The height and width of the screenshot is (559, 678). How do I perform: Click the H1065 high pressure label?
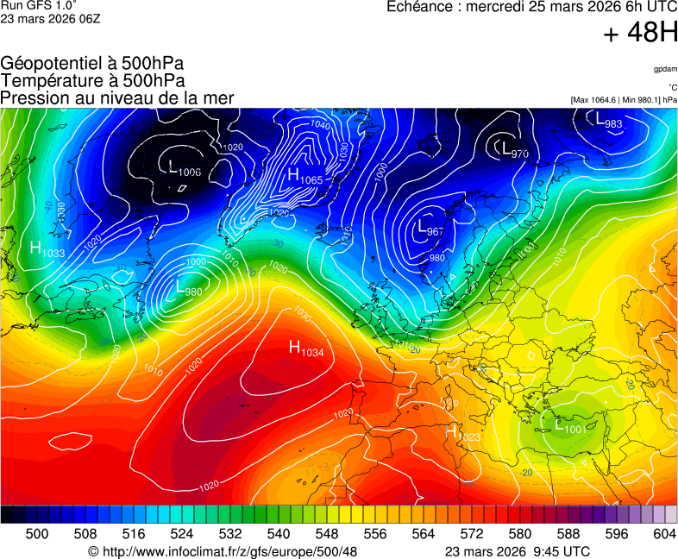pyautogui.click(x=304, y=176)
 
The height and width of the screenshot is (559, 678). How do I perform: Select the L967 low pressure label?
pyautogui.click(x=430, y=229)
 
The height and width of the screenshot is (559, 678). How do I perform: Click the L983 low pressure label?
pyautogui.click(x=609, y=122)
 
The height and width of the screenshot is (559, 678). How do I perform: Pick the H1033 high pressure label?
pyautogui.click(x=47, y=249)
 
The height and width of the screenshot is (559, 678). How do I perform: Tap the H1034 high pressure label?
pyautogui.click(x=305, y=349)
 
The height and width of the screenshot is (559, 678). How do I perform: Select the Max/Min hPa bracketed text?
pyautogui.click(x=623, y=100)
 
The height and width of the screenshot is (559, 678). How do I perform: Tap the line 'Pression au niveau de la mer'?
pyautogui.click(x=117, y=98)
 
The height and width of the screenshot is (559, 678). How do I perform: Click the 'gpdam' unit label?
pyautogui.click(x=664, y=69)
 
